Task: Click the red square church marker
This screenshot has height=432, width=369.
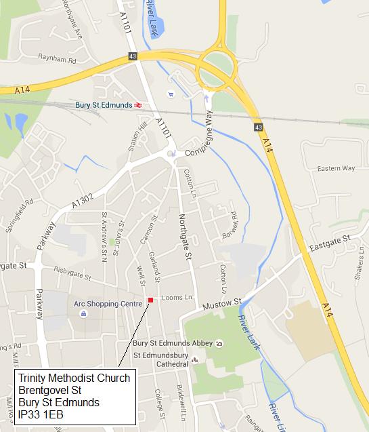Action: click(x=150, y=300)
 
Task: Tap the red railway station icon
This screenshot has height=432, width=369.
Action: click(x=138, y=105)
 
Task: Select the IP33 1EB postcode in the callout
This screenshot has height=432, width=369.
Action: click(x=41, y=414)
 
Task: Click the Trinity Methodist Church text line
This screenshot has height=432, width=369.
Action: click(x=74, y=378)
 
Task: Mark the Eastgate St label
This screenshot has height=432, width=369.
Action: click(x=326, y=239)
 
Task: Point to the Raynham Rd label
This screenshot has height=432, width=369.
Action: click(x=58, y=60)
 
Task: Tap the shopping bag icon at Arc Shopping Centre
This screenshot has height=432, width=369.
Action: click(x=83, y=314)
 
